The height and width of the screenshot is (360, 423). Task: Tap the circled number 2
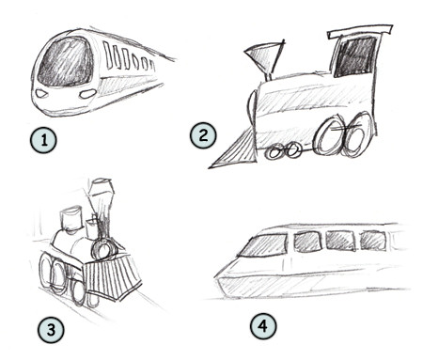pyautogui.click(x=202, y=135)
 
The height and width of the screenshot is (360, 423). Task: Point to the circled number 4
pyautogui.click(x=264, y=327)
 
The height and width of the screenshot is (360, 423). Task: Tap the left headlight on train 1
pyautogui.click(x=42, y=94)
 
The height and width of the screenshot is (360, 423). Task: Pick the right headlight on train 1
pyautogui.click(x=86, y=94)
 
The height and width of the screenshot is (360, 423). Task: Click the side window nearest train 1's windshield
pyautogui.click(x=110, y=55)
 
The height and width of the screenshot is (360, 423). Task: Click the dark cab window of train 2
pyautogui.click(x=353, y=57)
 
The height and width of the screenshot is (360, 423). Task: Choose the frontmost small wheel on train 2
pyautogui.click(x=274, y=151)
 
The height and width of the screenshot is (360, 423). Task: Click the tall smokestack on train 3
pyautogui.click(x=103, y=207)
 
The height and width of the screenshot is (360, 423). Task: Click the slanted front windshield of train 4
pyautogui.click(x=262, y=246)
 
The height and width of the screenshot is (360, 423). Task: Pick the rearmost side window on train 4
pyautogui.click(x=373, y=239)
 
